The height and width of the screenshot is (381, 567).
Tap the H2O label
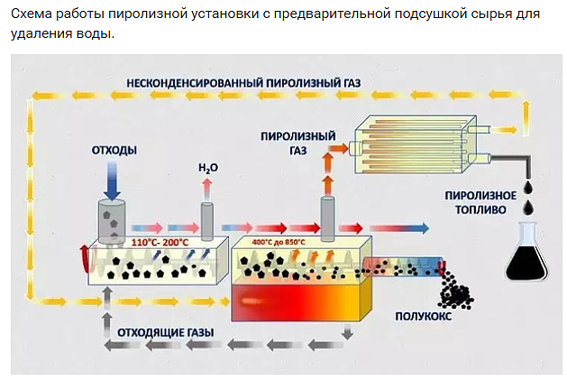[x=207, y=168]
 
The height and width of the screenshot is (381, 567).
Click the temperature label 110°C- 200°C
[x=160, y=242]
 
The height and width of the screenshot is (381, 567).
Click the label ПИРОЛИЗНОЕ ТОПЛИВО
[x=480, y=201]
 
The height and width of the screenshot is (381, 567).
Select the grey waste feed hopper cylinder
[x=113, y=221]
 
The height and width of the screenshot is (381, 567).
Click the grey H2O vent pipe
[x=206, y=220]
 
